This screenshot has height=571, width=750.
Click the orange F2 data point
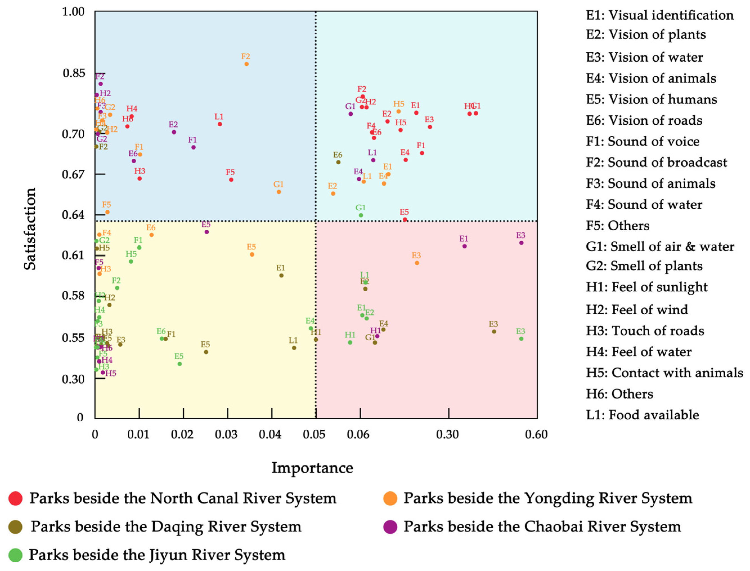pos(247,64)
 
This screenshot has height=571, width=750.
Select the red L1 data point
pos(220,124)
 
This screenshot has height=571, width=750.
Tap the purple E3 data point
pos(521,243)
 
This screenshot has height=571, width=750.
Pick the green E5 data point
pos(179,364)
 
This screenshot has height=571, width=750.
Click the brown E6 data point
pos(338,162)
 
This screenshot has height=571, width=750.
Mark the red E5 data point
pos(405,220)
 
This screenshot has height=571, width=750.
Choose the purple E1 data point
pos(464,246)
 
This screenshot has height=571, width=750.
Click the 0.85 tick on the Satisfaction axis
pos(74,73)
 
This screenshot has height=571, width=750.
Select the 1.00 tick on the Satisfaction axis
pos(73,12)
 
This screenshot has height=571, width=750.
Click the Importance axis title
pos(312,468)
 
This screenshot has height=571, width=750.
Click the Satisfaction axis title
pos(30,229)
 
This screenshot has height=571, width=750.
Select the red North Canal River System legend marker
pos(15,498)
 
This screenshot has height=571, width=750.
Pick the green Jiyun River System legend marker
pos(15,555)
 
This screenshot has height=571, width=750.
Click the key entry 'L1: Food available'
pos(642,415)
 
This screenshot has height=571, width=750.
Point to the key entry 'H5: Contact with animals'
pos(664,373)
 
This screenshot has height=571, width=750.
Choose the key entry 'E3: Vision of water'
pos(644,57)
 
